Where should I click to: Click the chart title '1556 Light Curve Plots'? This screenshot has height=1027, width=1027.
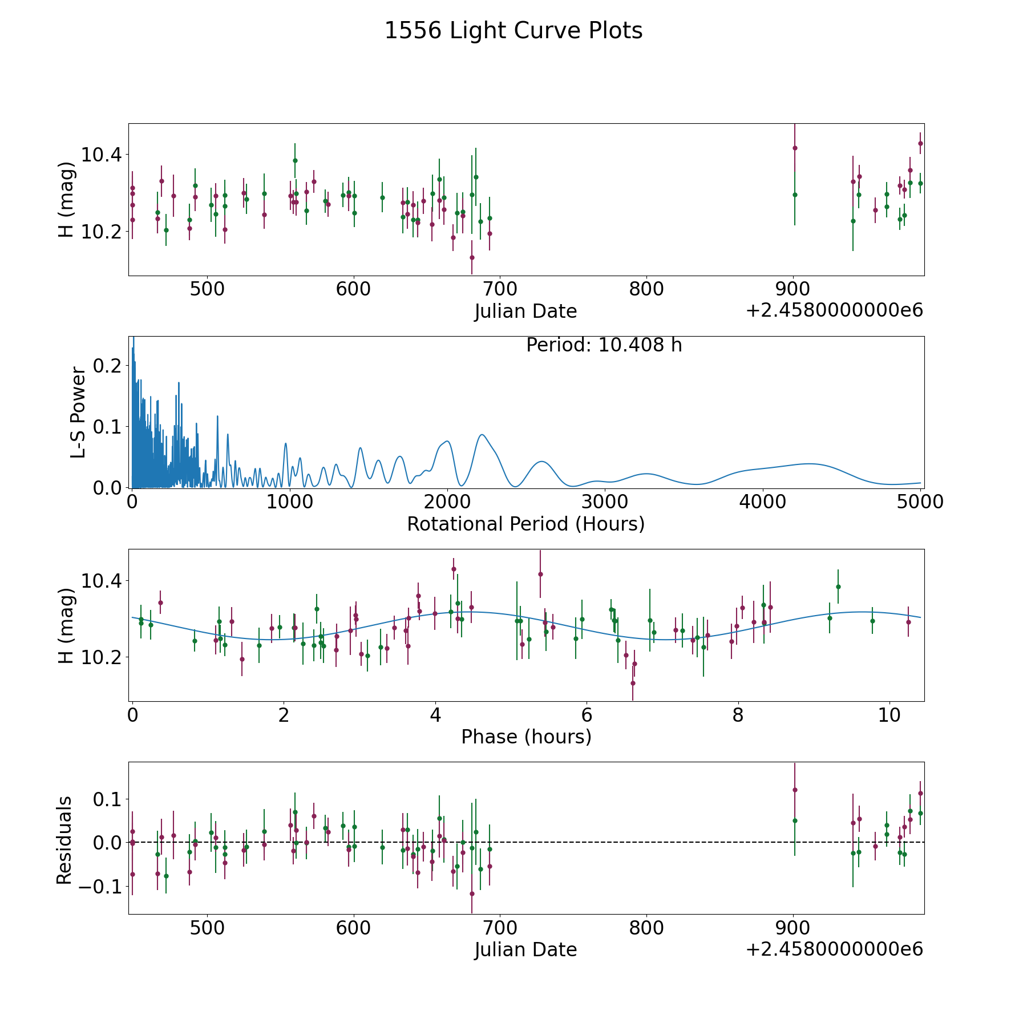tap(513, 31)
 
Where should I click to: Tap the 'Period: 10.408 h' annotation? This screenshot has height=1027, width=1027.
tap(604, 345)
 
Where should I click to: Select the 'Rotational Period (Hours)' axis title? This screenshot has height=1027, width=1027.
tap(526, 524)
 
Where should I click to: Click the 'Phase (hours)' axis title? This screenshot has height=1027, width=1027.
tap(526, 737)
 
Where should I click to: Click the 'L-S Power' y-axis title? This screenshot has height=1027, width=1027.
tap(78, 413)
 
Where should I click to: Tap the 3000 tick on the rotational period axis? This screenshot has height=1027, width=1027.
tap(605, 502)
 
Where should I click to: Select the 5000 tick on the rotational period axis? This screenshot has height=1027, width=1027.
tap(920, 502)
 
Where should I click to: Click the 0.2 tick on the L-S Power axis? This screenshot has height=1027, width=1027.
tap(107, 365)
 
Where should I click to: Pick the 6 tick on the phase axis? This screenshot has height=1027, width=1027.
tap(587, 715)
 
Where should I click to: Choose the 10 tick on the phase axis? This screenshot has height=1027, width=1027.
tap(889, 715)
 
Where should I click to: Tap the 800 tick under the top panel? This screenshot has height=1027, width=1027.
tap(646, 289)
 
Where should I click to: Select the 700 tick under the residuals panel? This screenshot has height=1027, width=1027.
tap(500, 928)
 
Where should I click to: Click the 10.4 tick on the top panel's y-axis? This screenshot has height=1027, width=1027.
tap(102, 154)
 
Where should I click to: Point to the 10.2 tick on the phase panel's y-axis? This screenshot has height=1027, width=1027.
tap(102, 657)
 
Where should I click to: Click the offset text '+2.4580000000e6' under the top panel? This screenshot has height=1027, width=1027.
tap(834, 311)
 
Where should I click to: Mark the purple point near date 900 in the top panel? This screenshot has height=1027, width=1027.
tap(795, 148)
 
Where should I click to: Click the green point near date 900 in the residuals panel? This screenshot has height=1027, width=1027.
tap(795, 820)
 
